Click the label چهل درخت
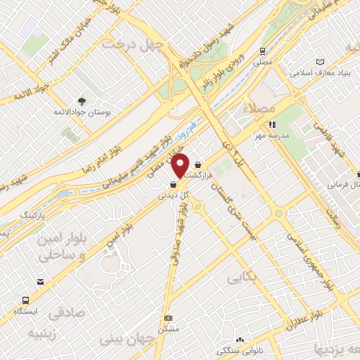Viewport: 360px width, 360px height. click(x=133, y=44)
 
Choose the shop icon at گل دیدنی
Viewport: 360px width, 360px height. click(x=173, y=185)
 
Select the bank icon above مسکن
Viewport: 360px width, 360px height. click(x=167, y=318)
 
